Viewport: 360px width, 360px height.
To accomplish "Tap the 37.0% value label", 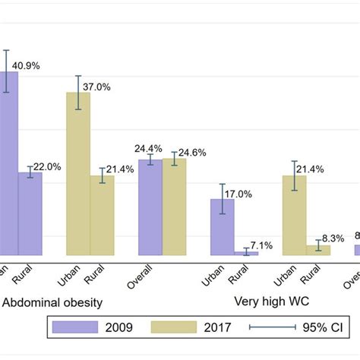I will (96, 87).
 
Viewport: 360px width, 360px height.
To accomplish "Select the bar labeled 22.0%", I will (30, 213).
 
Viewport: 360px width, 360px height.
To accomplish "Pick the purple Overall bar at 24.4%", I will (150, 207).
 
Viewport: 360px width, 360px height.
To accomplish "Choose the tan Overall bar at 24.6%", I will (174, 207).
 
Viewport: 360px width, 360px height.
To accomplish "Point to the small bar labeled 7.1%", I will (246, 253).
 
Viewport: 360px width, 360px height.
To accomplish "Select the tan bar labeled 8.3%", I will (318, 250).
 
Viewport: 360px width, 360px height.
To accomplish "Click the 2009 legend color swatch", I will (75, 327).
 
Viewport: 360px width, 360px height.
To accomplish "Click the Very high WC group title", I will (270, 302).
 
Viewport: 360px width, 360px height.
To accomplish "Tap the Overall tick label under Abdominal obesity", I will (144, 273).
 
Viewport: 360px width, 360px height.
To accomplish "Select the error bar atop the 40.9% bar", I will (6, 71).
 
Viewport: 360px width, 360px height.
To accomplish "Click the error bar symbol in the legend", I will (272, 327).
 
